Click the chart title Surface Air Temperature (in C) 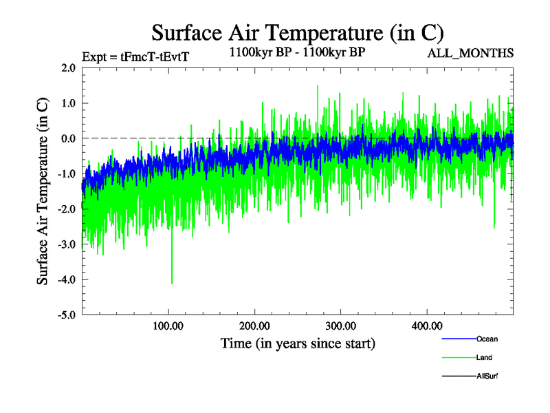pyautogui.click(x=298, y=33)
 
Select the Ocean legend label pyautogui.click(x=487, y=339)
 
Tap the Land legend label pyautogui.click(x=484, y=358)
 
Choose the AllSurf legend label pyautogui.click(x=487, y=377)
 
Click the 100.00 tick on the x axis pyautogui.click(x=168, y=326)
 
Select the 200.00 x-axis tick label pyautogui.click(x=255, y=326)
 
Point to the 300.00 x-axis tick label pyautogui.click(x=340, y=326)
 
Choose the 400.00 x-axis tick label pyautogui.click(x=426, y=326)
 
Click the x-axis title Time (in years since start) pyautogui.click(x=298, y=342)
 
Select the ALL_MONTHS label pyautogui.click(x=471, y=53)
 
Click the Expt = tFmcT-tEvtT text pyautogui.click(x=135, y=57)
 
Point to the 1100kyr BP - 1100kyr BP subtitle pyautogui.click(x=296, y=52)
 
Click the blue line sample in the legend pyautogui.click(x=457, y=339)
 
